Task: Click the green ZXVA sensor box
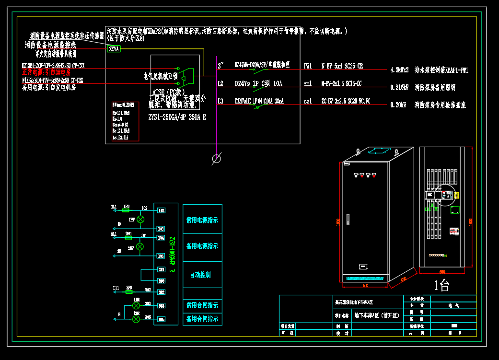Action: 114,49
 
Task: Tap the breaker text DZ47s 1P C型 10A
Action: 258,84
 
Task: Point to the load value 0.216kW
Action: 400,88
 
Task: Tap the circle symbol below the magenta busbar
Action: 217,158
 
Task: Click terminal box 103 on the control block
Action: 161,229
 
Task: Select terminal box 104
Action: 161,238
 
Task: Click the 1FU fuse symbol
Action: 127,210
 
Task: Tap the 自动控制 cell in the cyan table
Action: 200,275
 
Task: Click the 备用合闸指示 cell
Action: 202,319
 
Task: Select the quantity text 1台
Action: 441,286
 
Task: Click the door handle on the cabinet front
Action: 348,220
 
